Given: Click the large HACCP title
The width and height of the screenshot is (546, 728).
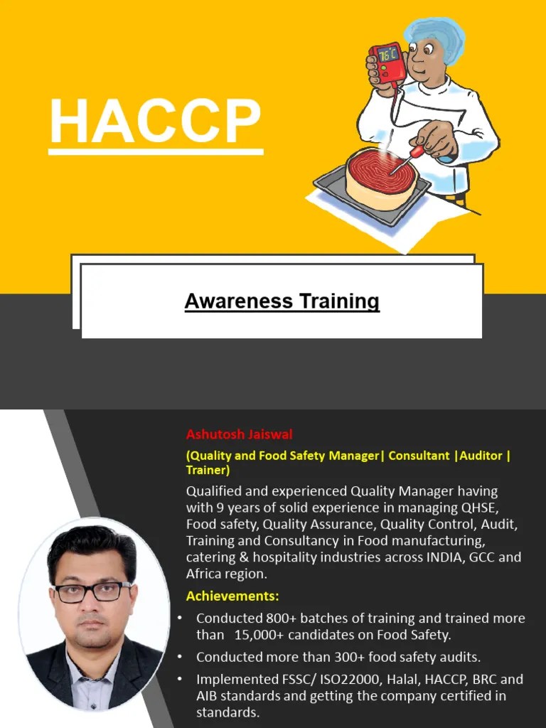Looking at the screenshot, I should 155,122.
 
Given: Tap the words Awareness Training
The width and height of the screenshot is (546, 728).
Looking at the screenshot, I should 282,301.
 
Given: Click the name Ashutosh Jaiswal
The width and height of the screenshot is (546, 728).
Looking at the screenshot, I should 240,434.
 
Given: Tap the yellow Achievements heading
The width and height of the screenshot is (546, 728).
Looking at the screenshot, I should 232,595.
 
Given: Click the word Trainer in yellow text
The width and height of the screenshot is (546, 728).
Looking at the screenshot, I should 206,470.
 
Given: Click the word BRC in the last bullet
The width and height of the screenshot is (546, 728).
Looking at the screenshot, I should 469,679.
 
